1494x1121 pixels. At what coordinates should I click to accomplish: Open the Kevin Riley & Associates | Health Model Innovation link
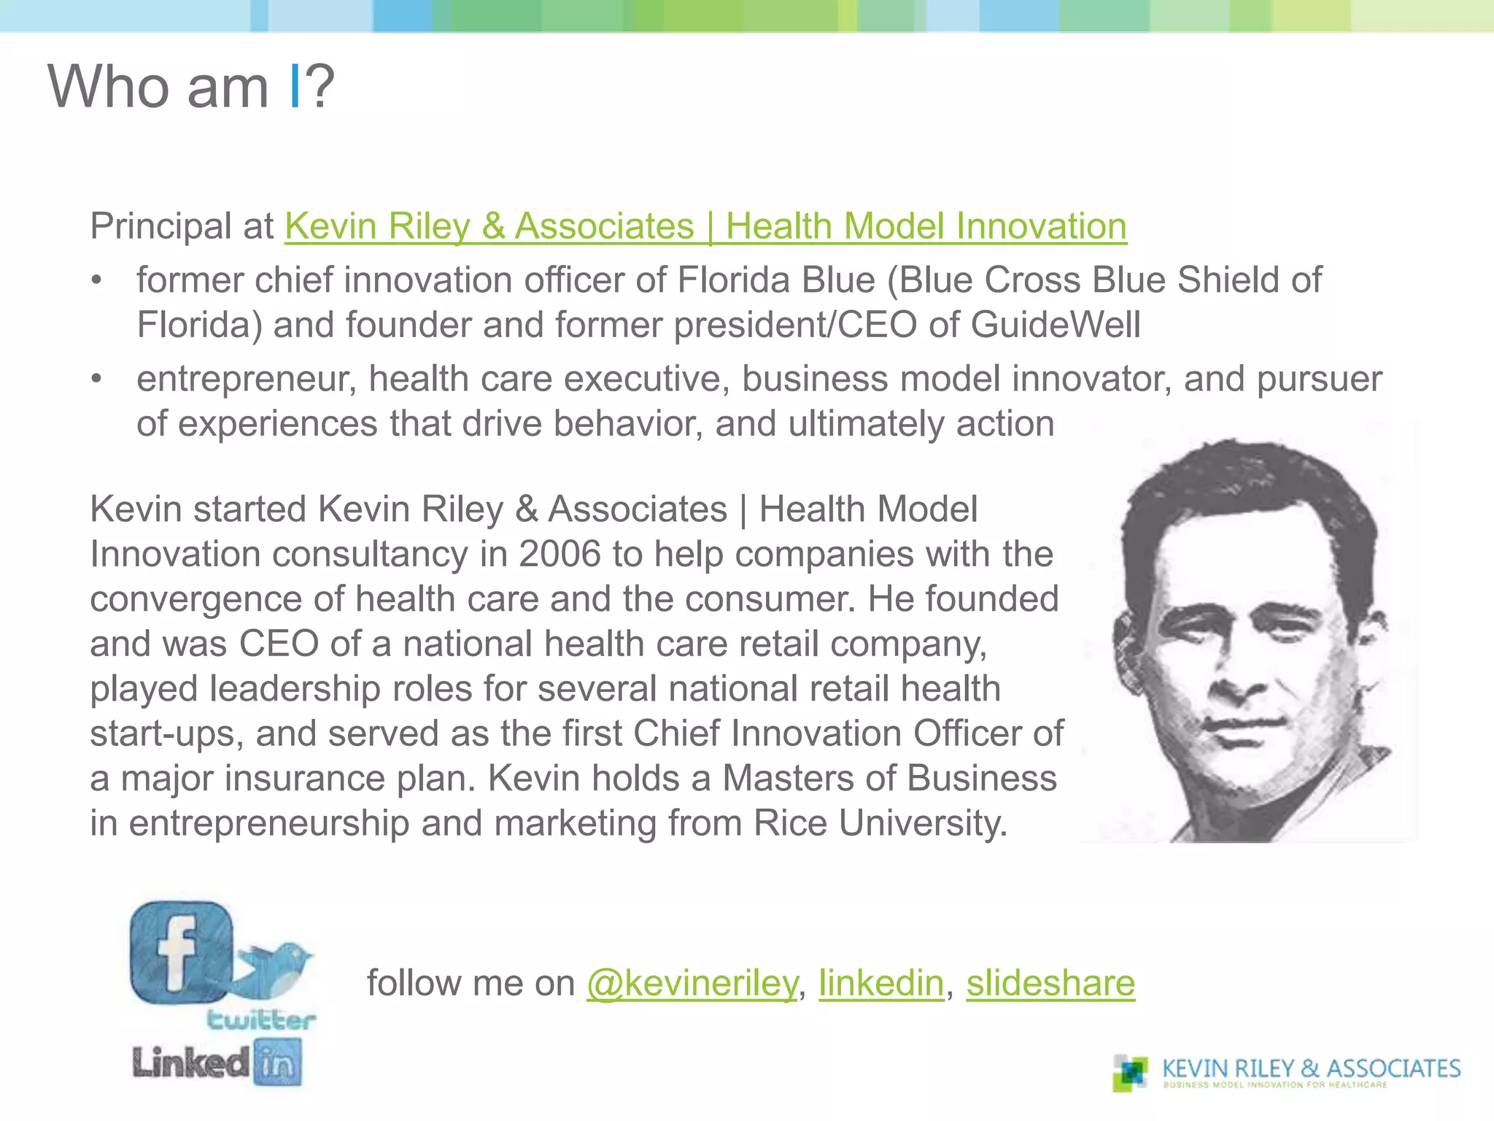(x=705, y=226)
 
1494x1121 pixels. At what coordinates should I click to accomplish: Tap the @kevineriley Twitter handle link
(x=692, y=983)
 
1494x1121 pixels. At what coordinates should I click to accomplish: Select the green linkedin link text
(x=881, y=983)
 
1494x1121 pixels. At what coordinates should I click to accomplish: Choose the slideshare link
(x=1050, y=983)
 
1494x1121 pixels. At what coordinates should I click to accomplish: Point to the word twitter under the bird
(x=261, y=1020)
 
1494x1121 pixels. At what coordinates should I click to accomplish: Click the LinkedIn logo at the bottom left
(x=217, y=1063)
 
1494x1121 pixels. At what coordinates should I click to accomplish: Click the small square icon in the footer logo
(x=1131, y=1073)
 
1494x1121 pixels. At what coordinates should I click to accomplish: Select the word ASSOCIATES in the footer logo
(x=1393, y=1068)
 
